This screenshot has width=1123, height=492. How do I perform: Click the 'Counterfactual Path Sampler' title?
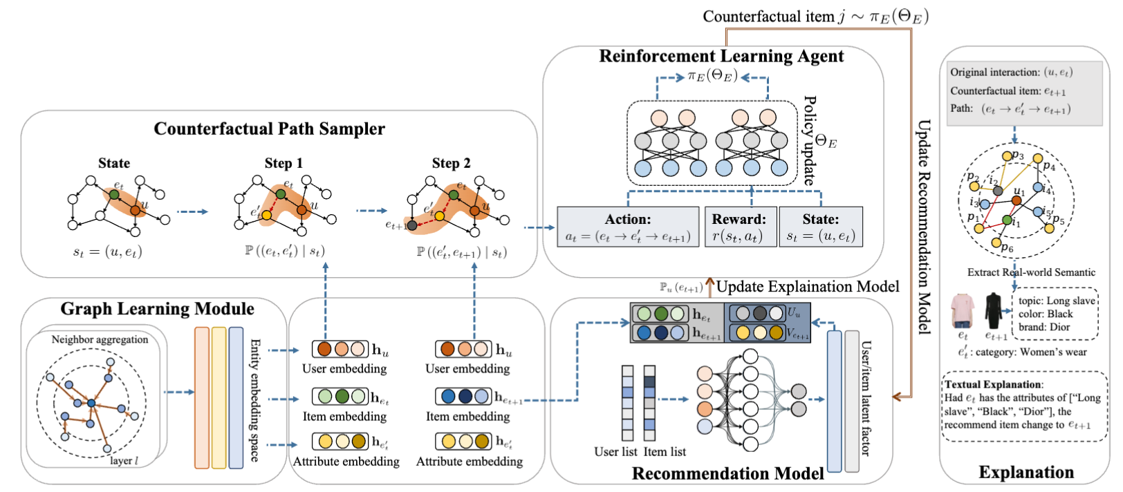point(269,129)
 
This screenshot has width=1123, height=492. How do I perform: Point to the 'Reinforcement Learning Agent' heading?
point(721,57)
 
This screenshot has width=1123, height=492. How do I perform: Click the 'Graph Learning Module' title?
point(157,309)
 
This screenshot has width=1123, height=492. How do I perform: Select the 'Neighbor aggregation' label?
point(100,339)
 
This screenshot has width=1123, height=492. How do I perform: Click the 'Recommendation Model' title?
point(727,474)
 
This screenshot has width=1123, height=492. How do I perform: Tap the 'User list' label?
point(615,452)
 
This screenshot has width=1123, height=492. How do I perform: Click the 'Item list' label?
point(665,452)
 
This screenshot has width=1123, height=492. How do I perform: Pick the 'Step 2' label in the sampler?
point(451,164)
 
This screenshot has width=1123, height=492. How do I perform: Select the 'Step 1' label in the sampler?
point(284,164)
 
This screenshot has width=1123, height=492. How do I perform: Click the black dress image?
point(994,310)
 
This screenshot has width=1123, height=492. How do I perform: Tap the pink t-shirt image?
point(962,310)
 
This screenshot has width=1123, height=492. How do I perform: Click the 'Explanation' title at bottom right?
point(1026,473)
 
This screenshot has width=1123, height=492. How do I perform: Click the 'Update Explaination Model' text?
point(807,287)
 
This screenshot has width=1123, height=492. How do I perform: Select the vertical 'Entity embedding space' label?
point(254,400)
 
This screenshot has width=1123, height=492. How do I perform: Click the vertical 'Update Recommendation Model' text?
point(924,227)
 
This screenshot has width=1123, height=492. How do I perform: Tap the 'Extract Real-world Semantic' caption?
point(1031,272)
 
